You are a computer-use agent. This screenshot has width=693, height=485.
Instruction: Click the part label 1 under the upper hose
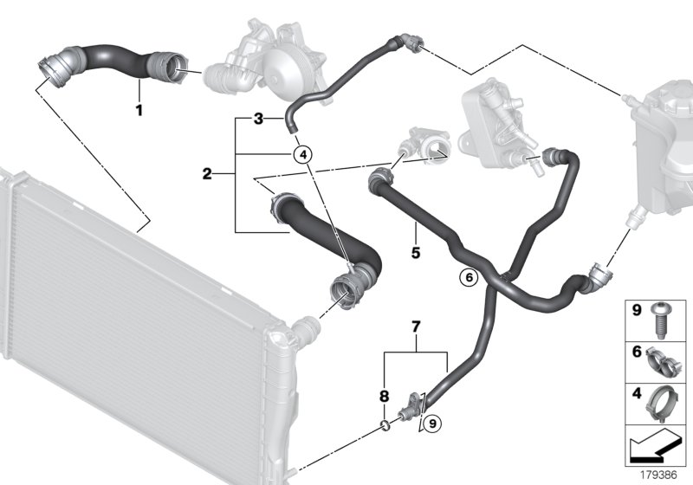[x=138, y=109]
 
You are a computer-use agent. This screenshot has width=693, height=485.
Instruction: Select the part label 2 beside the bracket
[x=207, y=174]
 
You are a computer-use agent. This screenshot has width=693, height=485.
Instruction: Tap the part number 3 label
[x=257, y=118]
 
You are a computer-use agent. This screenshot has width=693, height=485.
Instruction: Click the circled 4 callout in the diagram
[x=301, y=155]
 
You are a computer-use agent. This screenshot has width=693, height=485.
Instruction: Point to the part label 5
[x=416, y=254]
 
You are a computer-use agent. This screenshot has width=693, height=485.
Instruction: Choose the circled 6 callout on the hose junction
[x=468, y=278]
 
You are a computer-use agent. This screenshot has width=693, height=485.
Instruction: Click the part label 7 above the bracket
[x=416, y=327]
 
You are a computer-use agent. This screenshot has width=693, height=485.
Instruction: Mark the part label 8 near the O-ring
[x=385, y=398]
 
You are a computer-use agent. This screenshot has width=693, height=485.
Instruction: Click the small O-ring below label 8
[x=384, y=424]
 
